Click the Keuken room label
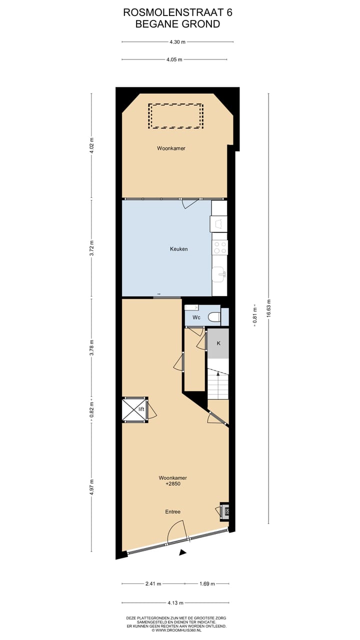(178, 248)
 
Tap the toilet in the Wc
(213, 316)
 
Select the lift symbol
(135, 409)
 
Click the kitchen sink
(219, 273)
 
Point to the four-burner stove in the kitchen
(219, 247)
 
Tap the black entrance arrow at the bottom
(183, 552)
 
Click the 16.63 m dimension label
(269, 308)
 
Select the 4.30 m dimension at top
(177, 42)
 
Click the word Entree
(173, 511)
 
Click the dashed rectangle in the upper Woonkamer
(175, 116)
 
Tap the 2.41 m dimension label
(152, 583)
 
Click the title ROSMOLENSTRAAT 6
(177, 12)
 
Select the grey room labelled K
(218, 343)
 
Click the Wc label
(196, 317)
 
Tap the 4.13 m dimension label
(175, 602)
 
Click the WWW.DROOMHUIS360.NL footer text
(177, 630)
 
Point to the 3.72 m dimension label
(91, 248)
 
